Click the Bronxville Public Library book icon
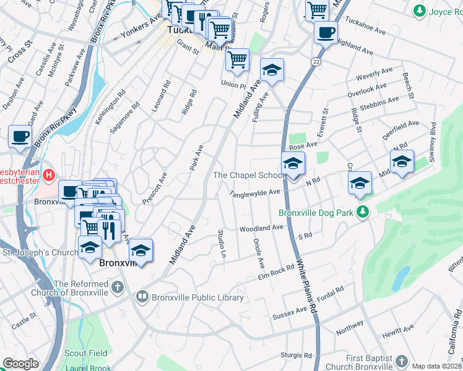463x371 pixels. click(142, 297)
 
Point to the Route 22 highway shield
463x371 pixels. click(316, 62)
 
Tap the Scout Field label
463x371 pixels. click(86, 354)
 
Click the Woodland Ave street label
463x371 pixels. click(261, 228)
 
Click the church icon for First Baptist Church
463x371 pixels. click(400, 361)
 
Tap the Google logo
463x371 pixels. click(20, 364)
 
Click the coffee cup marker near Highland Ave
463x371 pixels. click(326, 33)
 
